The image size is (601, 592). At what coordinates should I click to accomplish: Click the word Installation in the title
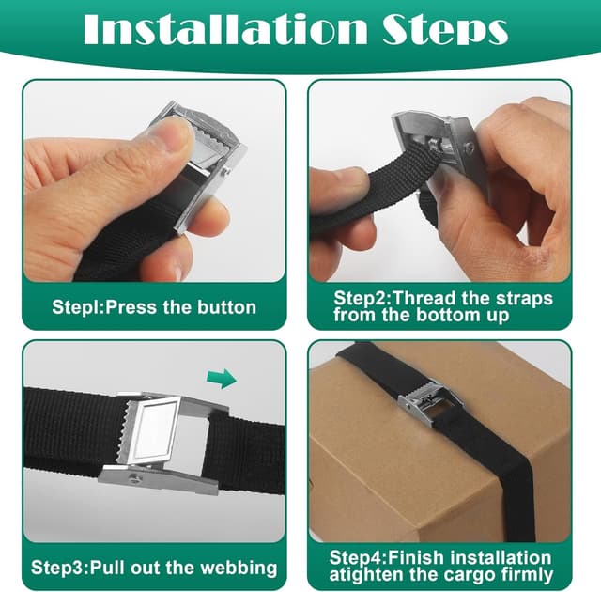pos(225,29)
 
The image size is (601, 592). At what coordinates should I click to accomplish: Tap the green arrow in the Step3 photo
pos(222,378)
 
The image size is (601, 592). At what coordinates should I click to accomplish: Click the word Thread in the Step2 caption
pos(424,298)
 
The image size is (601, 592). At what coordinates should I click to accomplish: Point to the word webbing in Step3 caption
pos(239,568)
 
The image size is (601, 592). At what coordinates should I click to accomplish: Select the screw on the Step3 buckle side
pos(136,477)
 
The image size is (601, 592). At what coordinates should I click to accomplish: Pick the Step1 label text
pos(77,307)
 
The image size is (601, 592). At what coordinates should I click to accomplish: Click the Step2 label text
pos(361,298)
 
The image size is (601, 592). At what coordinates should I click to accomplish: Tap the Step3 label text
pos(59,568)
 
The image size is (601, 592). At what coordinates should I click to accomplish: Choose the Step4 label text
pos(358,558)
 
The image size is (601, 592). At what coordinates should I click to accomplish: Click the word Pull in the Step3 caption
pos(109,568)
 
